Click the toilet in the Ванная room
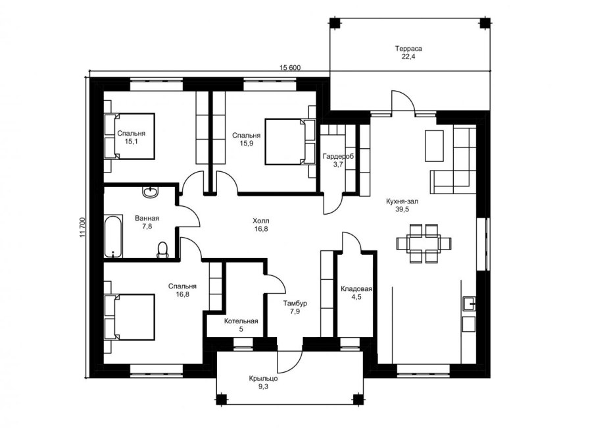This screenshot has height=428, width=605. (x=163, y=250)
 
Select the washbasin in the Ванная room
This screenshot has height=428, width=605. (x=151, y=192)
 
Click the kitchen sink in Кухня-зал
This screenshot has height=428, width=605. (x=469, y=304)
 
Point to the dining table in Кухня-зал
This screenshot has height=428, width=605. (x=424, y=244)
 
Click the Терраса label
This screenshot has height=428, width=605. (x=408, y=49)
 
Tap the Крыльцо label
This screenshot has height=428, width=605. (x=263, y=379)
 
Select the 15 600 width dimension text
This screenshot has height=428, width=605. (x=290, y=68)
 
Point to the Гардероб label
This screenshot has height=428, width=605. (x=339, y=157)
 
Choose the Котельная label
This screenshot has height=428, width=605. (x=241, y=321)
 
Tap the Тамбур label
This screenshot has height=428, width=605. (x=295, y=304)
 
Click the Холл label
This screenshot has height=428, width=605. (x=261, y=221)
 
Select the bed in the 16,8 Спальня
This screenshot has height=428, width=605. (x=130, y=317)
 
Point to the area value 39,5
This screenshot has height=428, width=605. (x=402, y=209)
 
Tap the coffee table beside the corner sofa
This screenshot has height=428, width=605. (x=434, y=146)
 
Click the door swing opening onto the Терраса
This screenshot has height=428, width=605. (x=403, y=101)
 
